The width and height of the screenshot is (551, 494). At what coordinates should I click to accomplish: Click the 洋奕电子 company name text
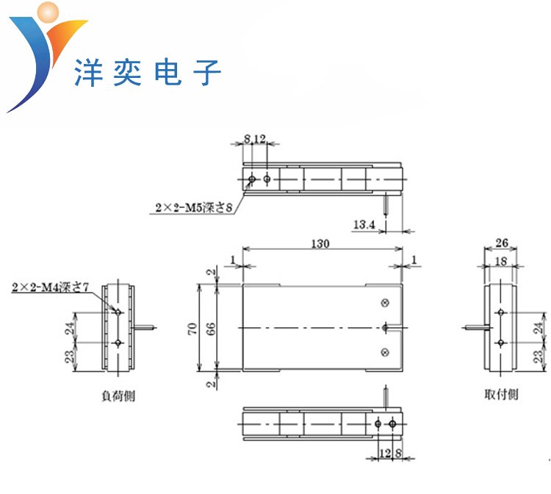pos(148,73)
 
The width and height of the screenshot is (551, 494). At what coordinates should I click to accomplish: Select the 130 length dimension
pos(321,243)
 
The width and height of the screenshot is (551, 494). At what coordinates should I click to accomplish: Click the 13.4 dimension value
pos(364,224)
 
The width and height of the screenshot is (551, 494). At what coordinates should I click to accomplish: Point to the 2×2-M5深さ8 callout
pos(193,208)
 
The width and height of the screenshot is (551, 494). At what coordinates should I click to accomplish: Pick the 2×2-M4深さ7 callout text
pos(51,287)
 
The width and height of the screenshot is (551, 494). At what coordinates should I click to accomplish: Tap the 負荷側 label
pos(118,395)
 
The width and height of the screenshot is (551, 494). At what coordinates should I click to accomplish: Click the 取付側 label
pos(500,394)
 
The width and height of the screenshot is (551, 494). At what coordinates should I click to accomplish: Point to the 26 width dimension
pos(501,243)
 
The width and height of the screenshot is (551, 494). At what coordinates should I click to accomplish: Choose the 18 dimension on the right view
pos(501,261)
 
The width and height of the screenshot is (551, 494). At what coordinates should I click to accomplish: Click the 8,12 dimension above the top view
pos(254,138)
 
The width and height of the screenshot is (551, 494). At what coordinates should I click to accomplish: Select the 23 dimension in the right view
pos(538,357)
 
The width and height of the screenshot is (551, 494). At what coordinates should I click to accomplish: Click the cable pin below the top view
pos(387,200)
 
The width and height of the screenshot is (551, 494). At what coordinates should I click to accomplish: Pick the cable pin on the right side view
pos(474,327)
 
